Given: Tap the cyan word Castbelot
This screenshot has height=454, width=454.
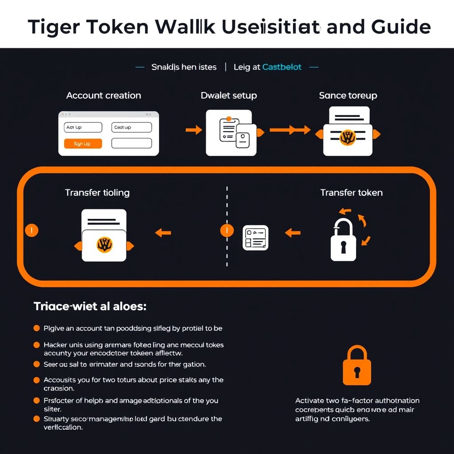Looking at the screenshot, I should (282, 67).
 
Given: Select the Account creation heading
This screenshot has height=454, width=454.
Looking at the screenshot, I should (103, 96).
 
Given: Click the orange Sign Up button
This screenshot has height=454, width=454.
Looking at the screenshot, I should (83, 144).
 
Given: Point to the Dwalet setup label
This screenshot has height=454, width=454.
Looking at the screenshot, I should (228, 96).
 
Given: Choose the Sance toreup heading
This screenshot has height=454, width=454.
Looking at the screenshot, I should (348, 96).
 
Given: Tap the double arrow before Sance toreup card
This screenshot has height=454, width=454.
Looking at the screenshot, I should (290, 130).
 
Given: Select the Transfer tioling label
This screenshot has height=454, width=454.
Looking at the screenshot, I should (97, 193).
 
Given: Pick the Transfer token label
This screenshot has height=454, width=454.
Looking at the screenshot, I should (351, 193).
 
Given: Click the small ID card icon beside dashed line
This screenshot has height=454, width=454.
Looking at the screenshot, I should (255, 238).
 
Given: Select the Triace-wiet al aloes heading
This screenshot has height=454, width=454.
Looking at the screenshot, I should (90, 306).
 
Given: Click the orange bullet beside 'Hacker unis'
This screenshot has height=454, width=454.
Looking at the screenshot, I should (37, 344).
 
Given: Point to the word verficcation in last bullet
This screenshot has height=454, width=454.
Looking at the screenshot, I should (63, 427).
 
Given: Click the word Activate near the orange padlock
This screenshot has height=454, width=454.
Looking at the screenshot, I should (310, 401).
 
